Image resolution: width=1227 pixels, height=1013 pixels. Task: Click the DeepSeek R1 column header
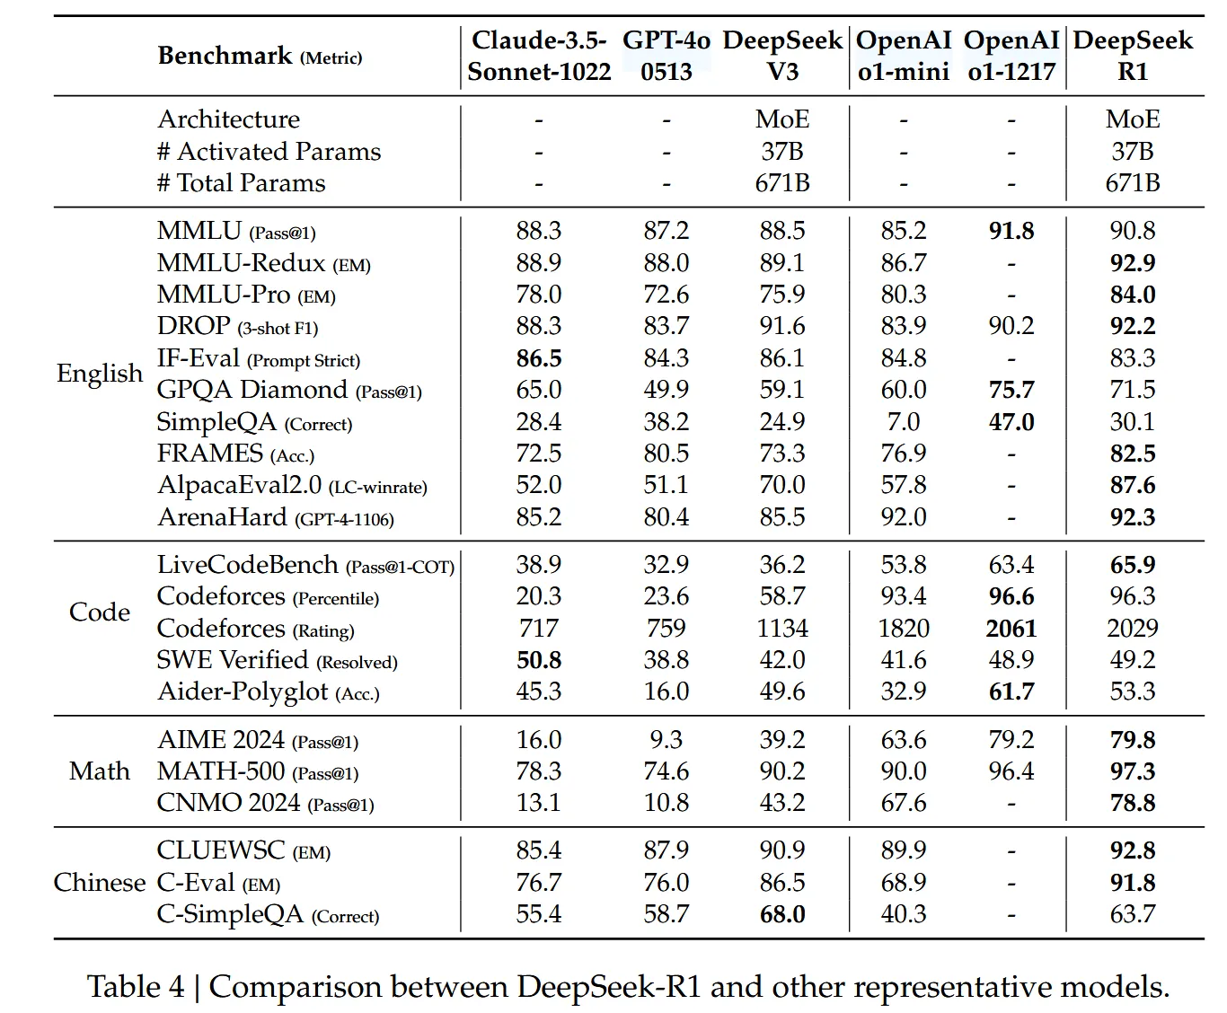tap(1132, 56)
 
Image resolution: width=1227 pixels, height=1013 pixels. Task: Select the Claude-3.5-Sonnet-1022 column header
tap(539, 56)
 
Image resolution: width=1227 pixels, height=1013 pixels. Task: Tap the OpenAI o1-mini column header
tap(903, 56)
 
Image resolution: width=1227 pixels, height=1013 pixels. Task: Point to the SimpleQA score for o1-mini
tap(903, 422)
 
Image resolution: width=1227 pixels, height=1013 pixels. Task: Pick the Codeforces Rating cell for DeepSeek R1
tap(1132, 629)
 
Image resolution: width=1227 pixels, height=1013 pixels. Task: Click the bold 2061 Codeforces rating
tap(1011, 629)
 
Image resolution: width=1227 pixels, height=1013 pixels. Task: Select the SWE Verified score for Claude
tap(539, 660)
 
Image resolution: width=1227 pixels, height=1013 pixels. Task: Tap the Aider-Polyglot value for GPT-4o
tap(666, 691)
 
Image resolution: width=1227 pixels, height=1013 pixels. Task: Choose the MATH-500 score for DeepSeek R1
tap(1132, 771)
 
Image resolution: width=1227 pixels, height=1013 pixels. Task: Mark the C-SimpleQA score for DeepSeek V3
tap(781, 914)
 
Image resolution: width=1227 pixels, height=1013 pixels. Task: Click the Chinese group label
tap(99, 883)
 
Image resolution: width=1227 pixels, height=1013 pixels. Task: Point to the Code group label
tap(99, 612)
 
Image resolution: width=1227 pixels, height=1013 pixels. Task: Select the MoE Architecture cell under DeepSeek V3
tap(781, 119)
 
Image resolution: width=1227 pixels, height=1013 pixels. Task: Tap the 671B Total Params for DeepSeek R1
tap(1132, 183)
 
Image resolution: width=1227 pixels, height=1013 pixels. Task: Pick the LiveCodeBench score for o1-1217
tap(1011, 565)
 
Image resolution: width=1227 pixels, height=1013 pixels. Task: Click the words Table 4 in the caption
tap(135, 987)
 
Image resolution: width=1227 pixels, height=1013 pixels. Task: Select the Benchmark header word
tap(225, 56)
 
